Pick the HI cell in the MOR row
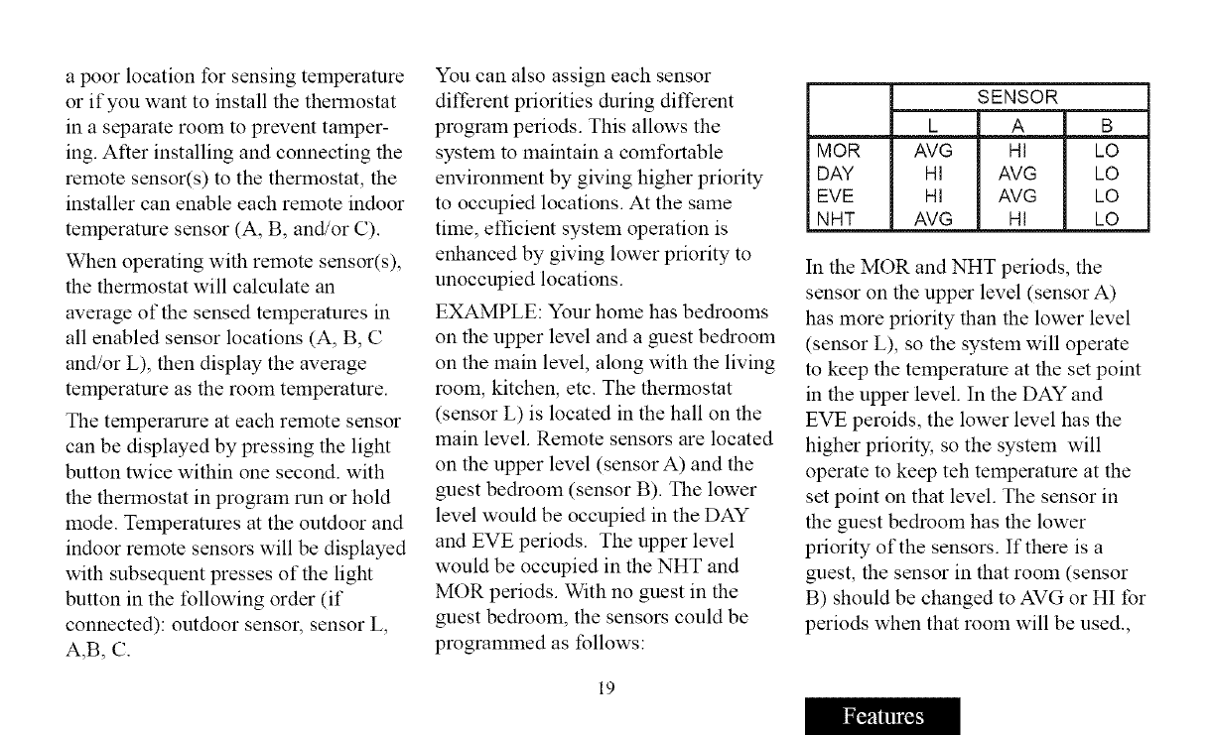pyautogui.click(x=1020, y=152)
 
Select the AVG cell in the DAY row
pyautogui.click(x=1020, y=175)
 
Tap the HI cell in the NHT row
pyautogui.click(x=1020, y=219)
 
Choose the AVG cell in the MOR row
pyautogui.click(x=934, y=152)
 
